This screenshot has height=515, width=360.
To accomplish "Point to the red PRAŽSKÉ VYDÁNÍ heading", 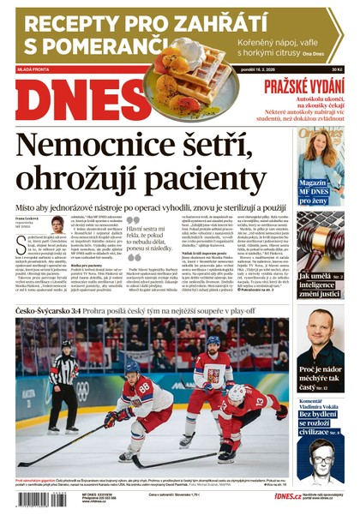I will pos(305,85).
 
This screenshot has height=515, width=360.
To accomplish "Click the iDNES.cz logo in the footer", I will pos(286,496).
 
